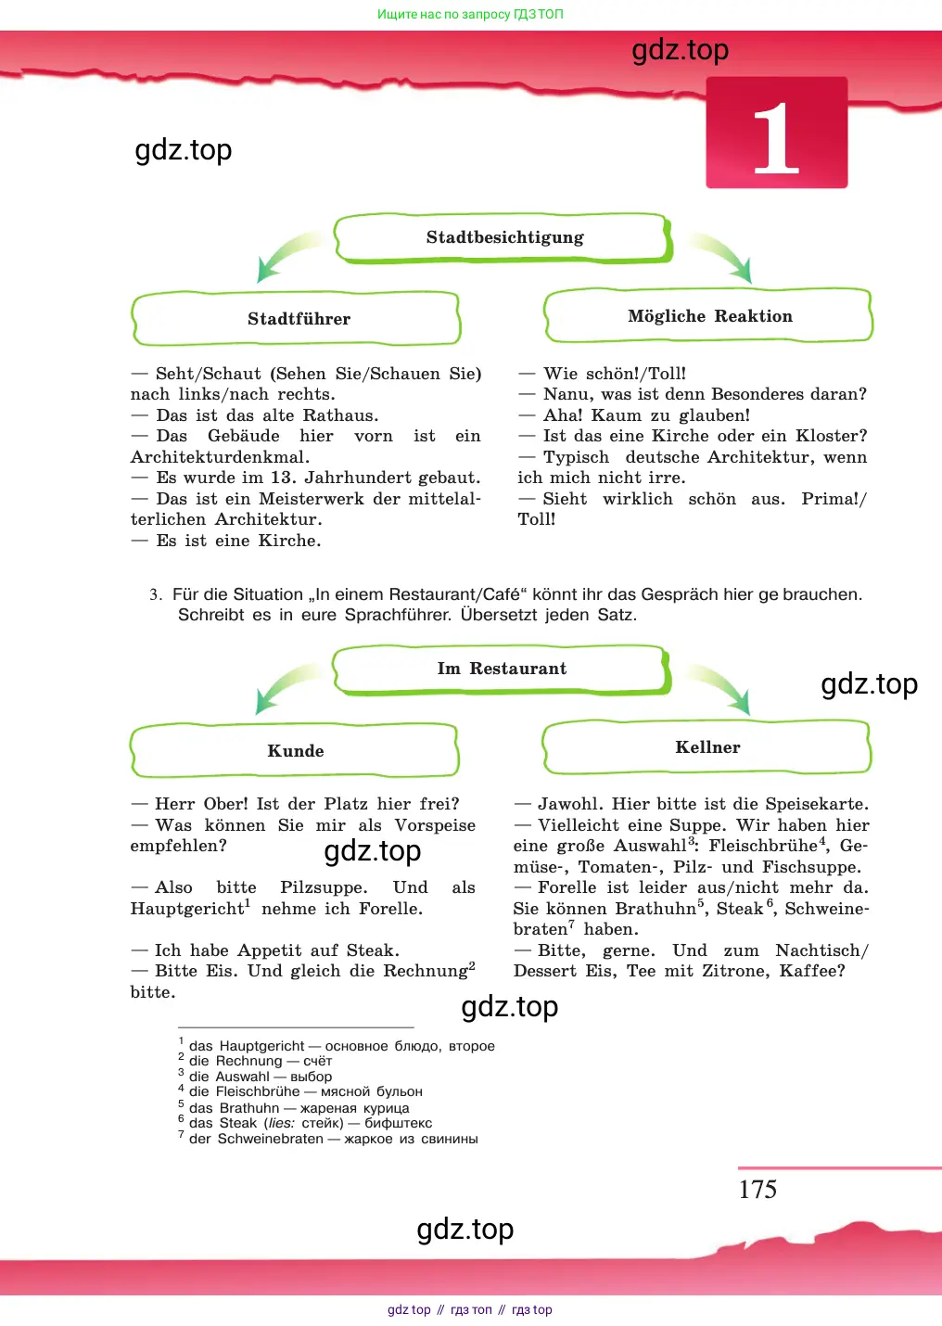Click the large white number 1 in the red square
776,138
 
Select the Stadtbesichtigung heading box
503,237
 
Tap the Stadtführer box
296,318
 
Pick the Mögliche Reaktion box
708,315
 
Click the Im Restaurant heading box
502,669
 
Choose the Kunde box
295,750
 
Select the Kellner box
706,747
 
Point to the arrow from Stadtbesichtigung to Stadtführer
290,256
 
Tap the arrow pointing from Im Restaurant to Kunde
289,687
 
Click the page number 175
757,1190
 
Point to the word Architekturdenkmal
220,457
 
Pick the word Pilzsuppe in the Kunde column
324,887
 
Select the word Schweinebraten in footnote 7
271,1139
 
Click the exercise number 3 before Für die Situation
155,594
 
